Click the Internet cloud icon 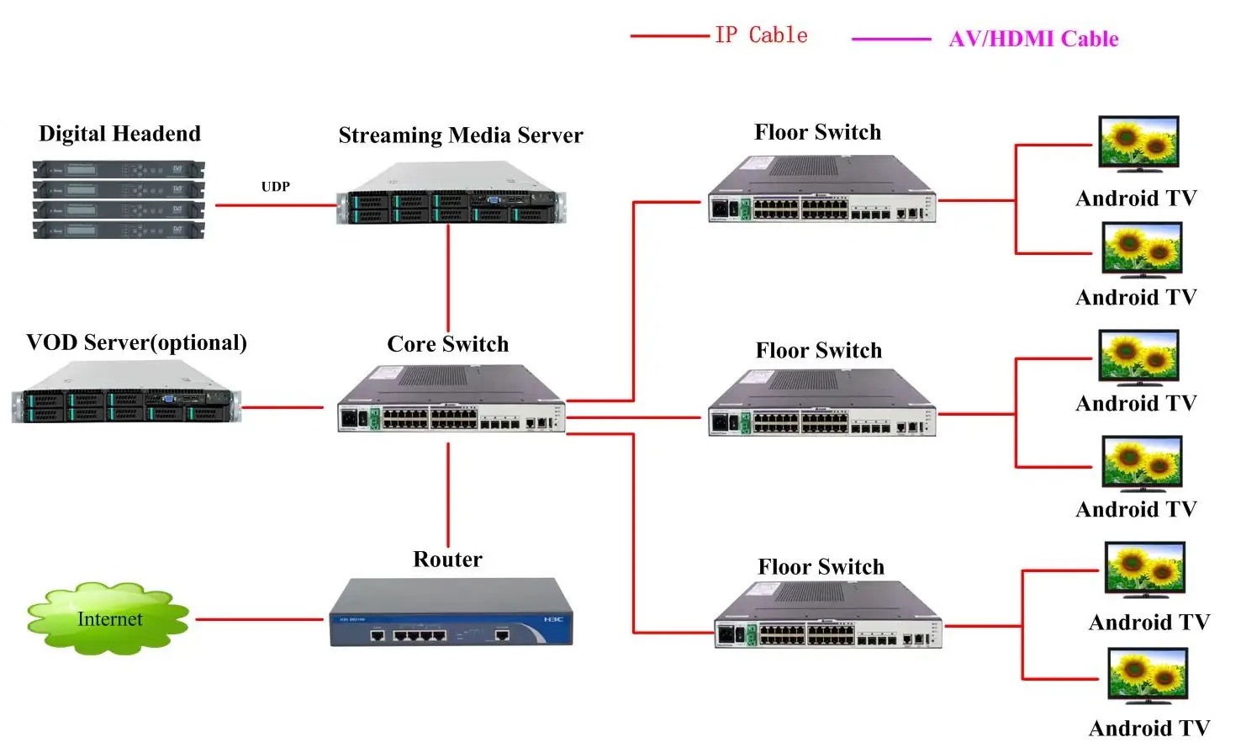pos(108,618)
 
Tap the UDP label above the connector pos(275,187)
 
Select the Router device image pos(451,613)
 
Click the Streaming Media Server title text pos(460,135)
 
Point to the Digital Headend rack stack pos(119,199)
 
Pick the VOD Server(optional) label pos(136,342)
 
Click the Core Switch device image pos(451,400)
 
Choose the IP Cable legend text pos(761,35)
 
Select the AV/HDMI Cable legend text pos(1033,39)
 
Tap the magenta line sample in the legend pos(891,39)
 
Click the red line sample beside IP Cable pos(669,36)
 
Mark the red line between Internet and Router pos(259,619)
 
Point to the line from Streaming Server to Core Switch pos(448,278)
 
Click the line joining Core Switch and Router pos(448,495)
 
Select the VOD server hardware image pos(126,393)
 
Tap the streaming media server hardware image pos(452,195)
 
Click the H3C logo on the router pos(553,619)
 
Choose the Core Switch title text pos(447,344)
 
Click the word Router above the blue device pos(447,559)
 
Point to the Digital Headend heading pos(119,134)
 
